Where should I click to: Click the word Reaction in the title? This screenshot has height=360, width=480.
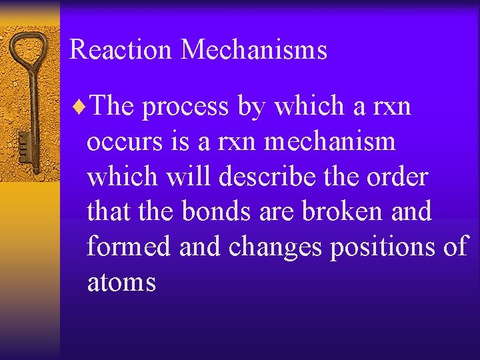click(121, 50)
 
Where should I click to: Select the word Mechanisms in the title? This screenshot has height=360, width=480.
click(254, 50)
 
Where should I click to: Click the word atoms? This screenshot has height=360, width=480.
click(121, 283)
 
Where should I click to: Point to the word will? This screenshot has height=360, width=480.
click(175, 177)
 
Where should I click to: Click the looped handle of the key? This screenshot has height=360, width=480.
click(29, 47)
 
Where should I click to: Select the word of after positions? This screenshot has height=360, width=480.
click(456, 247)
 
